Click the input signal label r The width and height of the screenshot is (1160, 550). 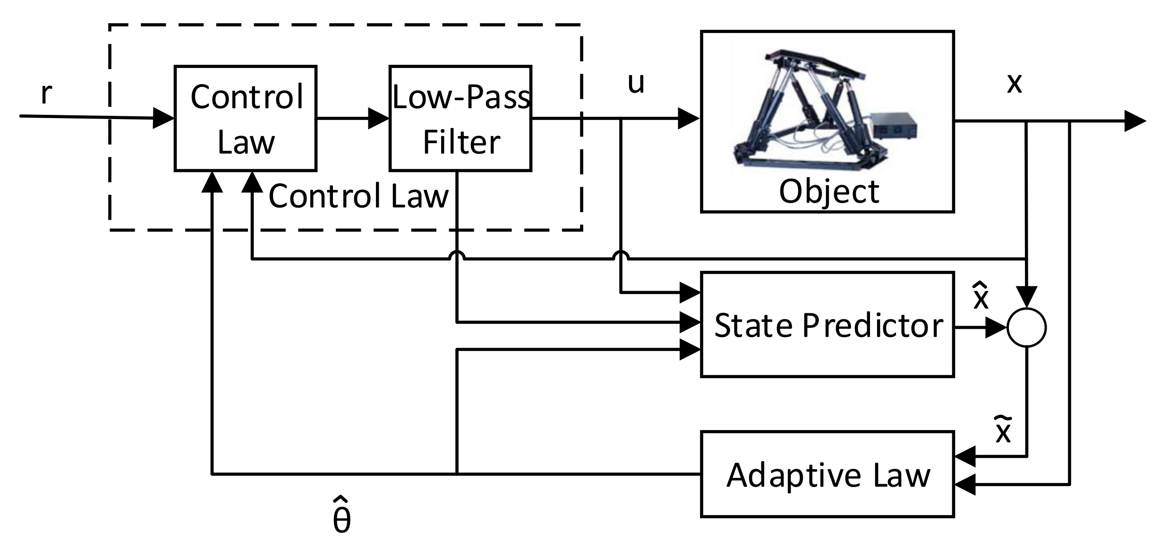click(x=46, y=93)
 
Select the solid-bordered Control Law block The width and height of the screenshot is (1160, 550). click(x=245, y=118)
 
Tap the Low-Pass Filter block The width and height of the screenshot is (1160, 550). click(x=460, y=118)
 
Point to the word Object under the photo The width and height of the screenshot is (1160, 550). click(x=829, y=192)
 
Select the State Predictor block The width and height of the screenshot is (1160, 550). click(x=827, y=324)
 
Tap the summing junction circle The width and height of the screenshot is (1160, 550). click(x=1026, y=327)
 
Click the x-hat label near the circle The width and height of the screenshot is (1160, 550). click(x=981, y=297)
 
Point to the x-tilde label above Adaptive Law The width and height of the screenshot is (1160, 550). click(x=1003, y=430)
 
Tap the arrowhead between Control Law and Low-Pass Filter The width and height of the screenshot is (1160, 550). click(x=378, y=118)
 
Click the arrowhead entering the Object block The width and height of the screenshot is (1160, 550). click(x=688, y=118)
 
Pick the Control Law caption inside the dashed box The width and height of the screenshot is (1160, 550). click(x=358, y=196)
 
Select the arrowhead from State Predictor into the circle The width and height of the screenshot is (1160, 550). click(x=996, y=327)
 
